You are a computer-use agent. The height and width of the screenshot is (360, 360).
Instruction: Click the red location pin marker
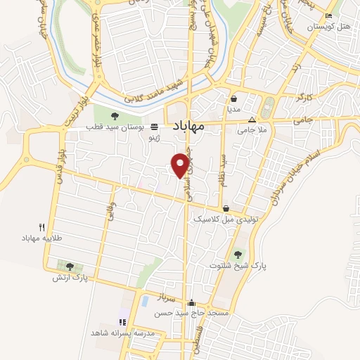click(x=181, y=165)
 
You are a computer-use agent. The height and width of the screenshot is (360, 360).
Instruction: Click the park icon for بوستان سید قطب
click(x=115, y=117)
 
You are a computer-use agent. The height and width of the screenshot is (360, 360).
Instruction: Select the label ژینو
click(x=153, y=139)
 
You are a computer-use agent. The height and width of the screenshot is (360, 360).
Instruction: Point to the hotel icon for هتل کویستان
click(x=328, y=16)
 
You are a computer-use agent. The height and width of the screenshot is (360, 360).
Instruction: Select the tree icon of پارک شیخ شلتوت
click(x=238, y=254)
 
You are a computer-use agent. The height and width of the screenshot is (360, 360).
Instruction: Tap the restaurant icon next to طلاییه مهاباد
click(x=41, y=226)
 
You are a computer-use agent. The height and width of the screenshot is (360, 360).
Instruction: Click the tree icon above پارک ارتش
click(x=69, y=266)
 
